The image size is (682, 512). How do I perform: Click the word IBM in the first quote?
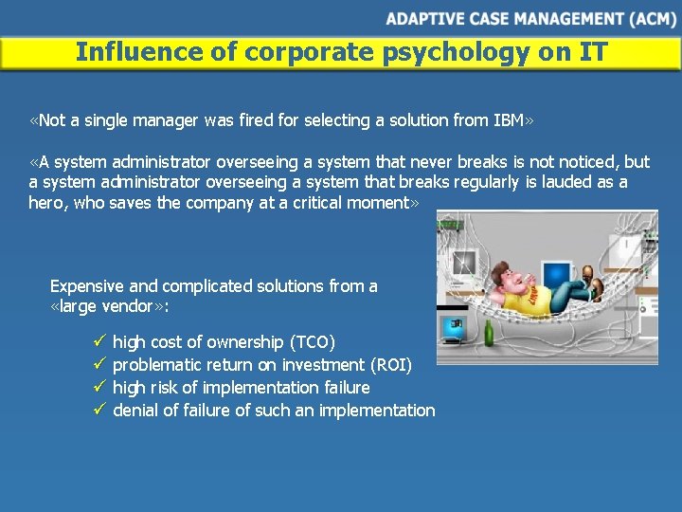509,120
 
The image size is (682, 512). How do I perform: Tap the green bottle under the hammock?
489,333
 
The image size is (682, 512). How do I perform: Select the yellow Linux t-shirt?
523,301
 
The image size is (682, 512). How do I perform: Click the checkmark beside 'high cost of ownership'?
100,341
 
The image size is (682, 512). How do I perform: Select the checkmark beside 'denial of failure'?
100,410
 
